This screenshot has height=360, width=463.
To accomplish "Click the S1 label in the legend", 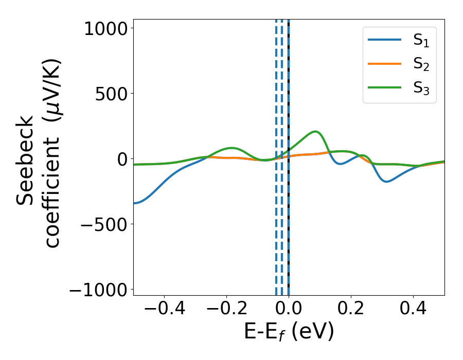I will click(x=421, y=42).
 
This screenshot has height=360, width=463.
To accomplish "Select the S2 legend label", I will click(x=421, y=65).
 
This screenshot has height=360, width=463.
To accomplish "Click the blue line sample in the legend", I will click(x=384, y=41).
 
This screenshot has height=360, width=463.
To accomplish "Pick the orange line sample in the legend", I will click(x=384, y=64).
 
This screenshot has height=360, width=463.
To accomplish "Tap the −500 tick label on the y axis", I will click(x=101, y=225).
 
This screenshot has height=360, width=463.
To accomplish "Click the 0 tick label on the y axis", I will click(x=121, y=159).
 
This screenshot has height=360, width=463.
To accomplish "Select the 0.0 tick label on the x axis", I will click(x=289, y=310).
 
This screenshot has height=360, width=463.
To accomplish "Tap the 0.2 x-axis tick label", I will click(x=351, y=310).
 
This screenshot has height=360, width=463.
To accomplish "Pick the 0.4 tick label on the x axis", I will click(x=413, y=310).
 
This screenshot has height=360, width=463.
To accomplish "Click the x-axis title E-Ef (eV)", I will click(x=289, y=332).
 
